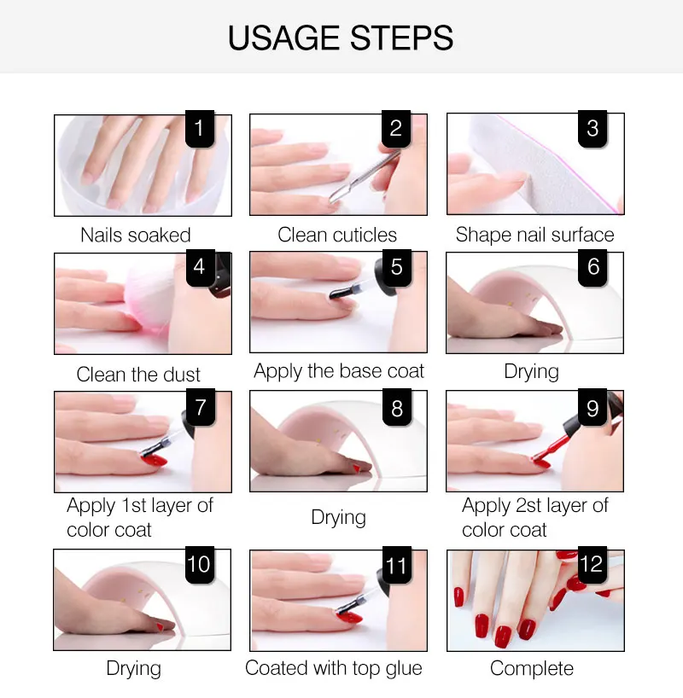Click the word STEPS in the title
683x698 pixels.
click(401, 38)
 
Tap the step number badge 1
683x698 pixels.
click(200, 128)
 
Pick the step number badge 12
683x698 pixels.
click(593, 564)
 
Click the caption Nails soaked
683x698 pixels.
click(136, 235)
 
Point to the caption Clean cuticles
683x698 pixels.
click(337, 235)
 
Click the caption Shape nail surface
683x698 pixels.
click(534, 235)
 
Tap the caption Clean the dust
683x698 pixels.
click(138, 375)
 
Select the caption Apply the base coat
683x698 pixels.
click(339, 371)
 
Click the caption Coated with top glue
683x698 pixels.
click(333, 668)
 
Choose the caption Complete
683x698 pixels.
click(532, 669)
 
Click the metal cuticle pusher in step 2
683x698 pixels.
click(364, 177)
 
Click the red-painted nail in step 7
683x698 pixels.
click(155, 460)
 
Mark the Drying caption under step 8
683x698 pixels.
click(339, 518)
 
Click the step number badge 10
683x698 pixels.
click(200, 564)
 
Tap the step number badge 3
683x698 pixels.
click(593, 128)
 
